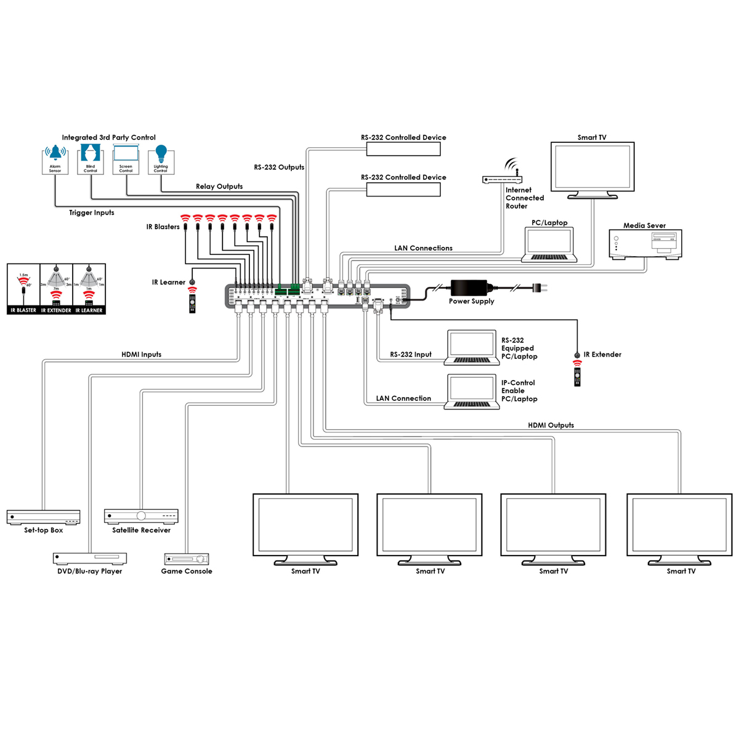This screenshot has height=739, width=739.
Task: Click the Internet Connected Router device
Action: [502, 179]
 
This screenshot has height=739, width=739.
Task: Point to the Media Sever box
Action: [645, 243]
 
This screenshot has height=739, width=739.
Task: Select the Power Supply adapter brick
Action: [469, 288]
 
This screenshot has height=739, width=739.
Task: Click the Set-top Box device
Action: [43, 517]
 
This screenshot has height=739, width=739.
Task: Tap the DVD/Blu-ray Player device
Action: [90, 559]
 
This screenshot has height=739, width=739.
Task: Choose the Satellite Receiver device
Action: [141, 516]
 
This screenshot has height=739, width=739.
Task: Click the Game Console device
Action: [187, 559]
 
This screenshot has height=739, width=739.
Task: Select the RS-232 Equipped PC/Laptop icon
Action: [472, 349]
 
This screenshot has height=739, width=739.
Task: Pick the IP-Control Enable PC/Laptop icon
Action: [472, 392]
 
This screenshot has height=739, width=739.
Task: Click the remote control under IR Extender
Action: [577, 375]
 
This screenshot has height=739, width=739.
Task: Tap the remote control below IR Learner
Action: [192, 302]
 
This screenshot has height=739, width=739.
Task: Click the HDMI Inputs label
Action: [141, 355]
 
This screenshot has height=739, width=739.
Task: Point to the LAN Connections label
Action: [423, 248]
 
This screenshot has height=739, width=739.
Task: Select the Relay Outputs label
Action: [219, 187]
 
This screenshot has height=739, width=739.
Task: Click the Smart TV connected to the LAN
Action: [592, 169]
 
